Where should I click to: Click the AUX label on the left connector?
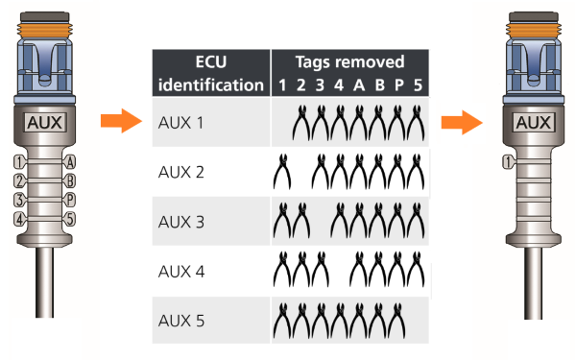[x=44, y=123]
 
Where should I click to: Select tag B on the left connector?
[x=70, y=180]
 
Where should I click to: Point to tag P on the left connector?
[x=70, y=200]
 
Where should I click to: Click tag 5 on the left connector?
[x=70, y=219]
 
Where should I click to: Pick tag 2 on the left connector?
[x=18, y=180]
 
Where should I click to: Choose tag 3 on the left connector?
[x=18, y=200]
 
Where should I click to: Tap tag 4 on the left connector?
[x=18, y=219]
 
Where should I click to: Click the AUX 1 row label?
[x=181, y=124]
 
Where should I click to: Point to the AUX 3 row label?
[x=181, y=222]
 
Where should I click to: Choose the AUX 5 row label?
[x=181, y=320]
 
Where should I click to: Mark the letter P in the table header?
[x=396, y=84]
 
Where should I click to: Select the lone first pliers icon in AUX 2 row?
[x=282, y=173]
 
